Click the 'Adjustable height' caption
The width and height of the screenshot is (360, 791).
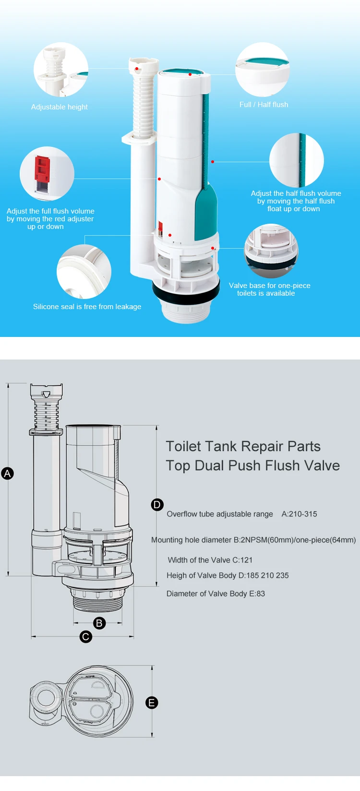[60, 107]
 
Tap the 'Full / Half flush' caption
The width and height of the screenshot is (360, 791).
[264, 105]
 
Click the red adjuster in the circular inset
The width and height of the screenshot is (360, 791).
[42, 169]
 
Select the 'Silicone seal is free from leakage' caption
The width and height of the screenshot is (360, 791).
[87, 307]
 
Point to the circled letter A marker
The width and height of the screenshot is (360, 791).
[7, 473]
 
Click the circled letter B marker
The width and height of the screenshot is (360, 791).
[99, 623]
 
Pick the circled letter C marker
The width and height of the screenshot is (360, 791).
[85, 636]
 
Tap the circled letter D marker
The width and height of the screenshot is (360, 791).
[157, 504]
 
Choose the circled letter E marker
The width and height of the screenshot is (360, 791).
[152, 703]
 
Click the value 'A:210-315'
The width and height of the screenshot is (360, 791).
[299, 514]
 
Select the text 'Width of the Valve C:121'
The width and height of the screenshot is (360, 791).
[210, 560]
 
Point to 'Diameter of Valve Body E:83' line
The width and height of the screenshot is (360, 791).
[216, 594]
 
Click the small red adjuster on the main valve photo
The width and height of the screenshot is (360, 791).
[160, 226]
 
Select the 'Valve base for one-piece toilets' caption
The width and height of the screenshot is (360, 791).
[270, 289]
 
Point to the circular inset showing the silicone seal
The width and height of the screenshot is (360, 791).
[84, 272]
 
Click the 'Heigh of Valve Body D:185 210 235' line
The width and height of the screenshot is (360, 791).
[228, 575]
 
